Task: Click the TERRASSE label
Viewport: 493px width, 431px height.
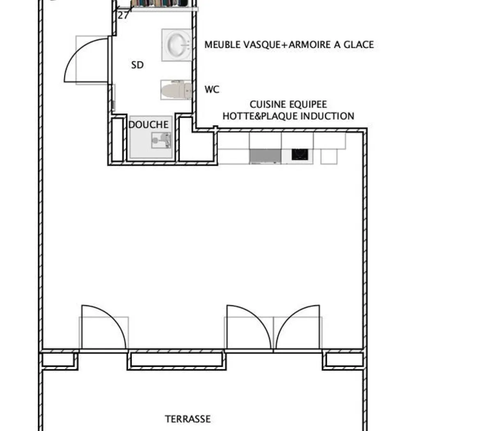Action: [188, 419]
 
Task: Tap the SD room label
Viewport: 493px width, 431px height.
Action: [137, 65]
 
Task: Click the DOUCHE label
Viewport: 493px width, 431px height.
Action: [148, 125]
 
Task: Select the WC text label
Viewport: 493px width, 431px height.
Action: [212, 89]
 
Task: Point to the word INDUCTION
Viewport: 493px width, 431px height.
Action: [327, 116]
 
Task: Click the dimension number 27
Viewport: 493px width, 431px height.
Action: [123, 16]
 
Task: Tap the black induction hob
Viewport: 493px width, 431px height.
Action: [299, 154]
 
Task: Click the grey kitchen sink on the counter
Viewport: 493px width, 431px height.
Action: [265, 156]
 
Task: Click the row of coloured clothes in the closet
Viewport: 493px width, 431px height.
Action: [160, 4]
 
